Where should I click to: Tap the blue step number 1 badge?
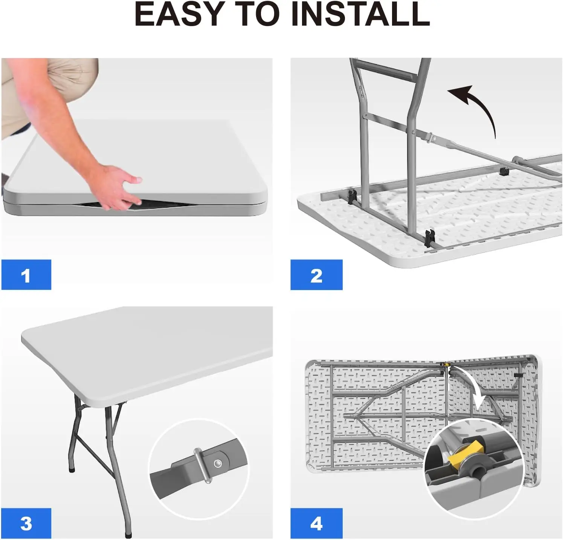(26, 275)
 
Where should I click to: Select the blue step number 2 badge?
(316, 275)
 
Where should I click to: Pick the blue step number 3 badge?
(26, 523)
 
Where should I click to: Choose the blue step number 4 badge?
(316, 523)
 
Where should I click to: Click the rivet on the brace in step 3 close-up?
(218, 463)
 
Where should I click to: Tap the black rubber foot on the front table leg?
(129, 534)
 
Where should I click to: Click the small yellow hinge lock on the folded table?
(446, 365)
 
